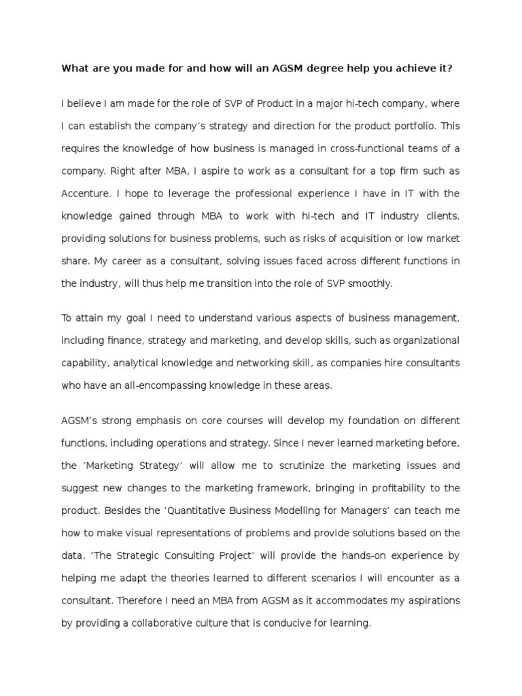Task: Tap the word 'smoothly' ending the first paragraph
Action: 368,284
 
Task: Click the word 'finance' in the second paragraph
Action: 128,339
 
